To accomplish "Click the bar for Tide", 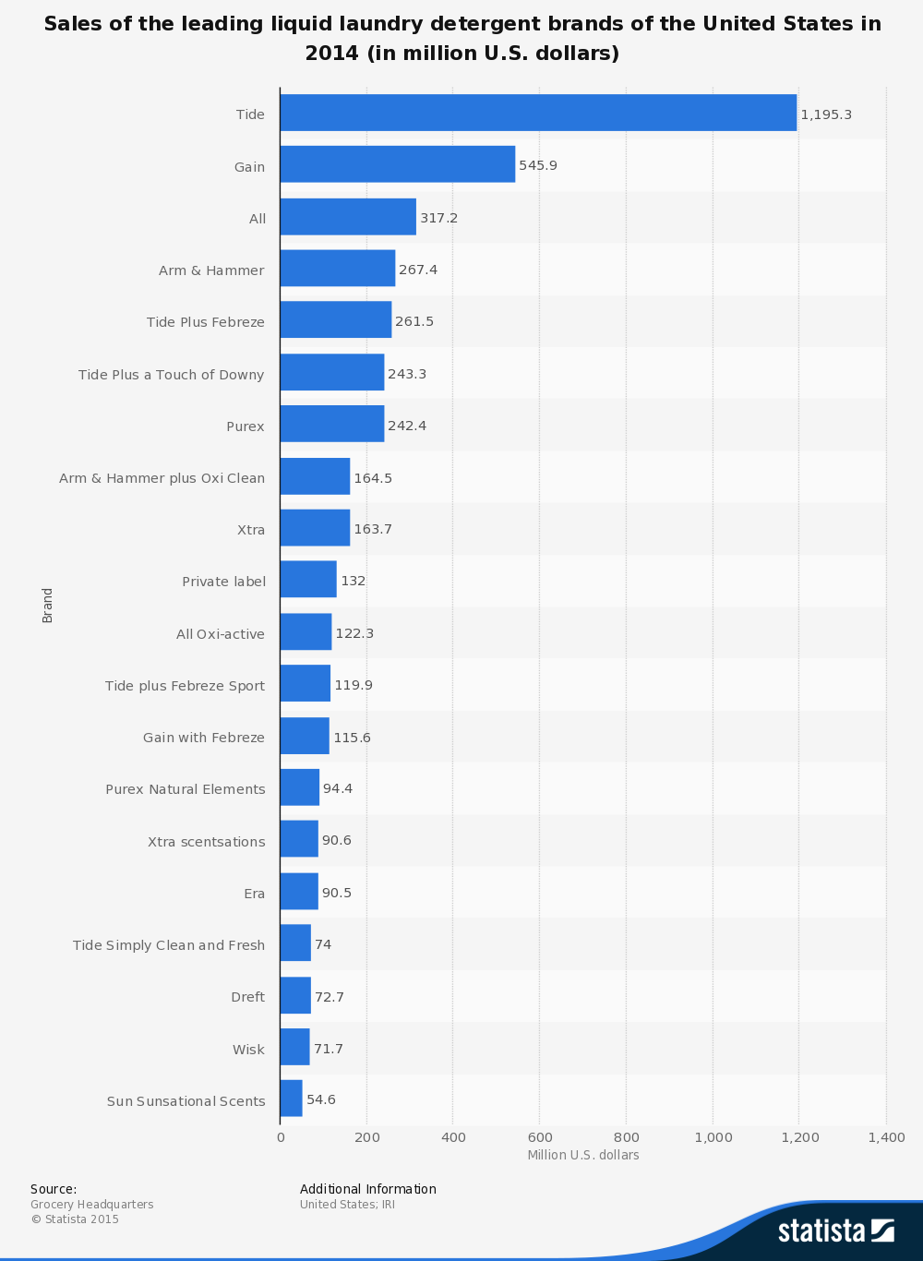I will coord(538,113).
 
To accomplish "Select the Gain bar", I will coord(397,164).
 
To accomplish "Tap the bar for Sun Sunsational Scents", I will coord(291,1099).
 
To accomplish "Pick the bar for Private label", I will coord(308,580).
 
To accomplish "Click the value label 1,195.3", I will coord(826,114).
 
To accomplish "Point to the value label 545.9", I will coord(538,165).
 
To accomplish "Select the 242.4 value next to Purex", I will coord(407,426).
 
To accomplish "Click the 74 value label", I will coord(323,944).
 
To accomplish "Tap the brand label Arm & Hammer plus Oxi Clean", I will coord(162,478).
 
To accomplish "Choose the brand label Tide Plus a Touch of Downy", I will coord(171,374).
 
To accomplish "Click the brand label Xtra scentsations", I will coord(206,842).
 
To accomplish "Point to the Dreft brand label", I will coord(247,997).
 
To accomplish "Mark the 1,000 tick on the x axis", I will coord(713,1137).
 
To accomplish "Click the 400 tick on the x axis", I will coord(453,1137).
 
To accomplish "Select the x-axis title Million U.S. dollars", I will coord(583,1155).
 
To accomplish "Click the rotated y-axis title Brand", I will coord(48,605).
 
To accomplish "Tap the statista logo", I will coord(835,1231).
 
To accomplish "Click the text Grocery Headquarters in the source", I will coord(92,1205).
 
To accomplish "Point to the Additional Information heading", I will coord(367,1189).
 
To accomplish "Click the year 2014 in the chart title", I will coord(332,54).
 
